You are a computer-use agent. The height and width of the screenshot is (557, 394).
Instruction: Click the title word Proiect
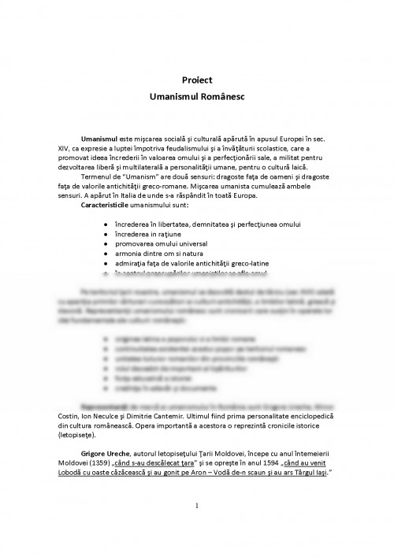coord(197,80)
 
